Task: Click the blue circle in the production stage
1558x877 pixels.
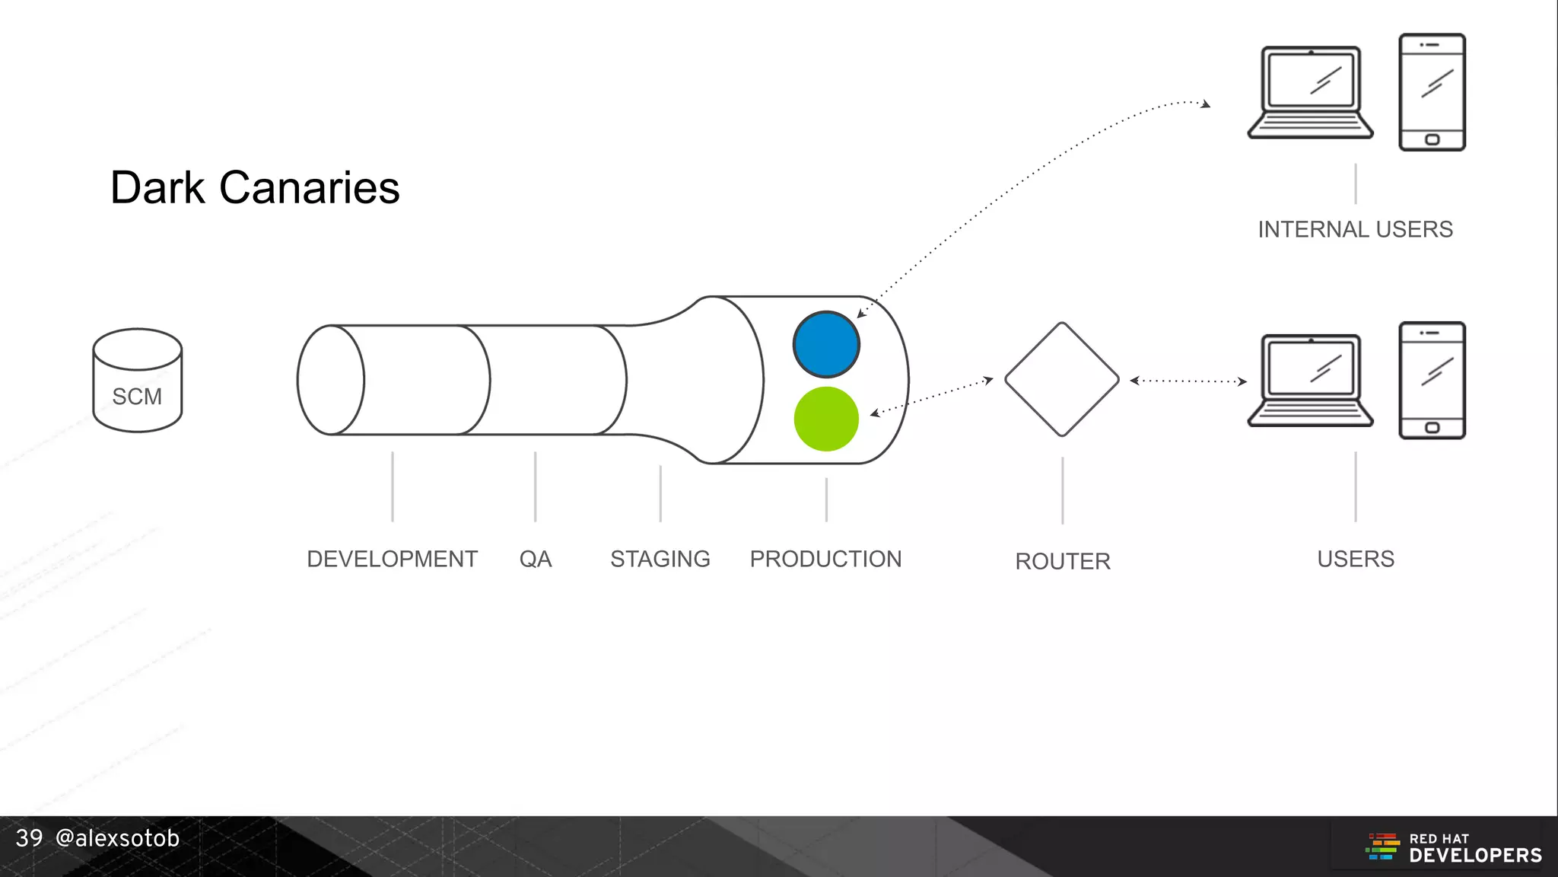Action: tap(826, 344)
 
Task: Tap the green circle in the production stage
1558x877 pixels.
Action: tap(826, 419)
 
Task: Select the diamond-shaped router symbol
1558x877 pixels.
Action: tap(1062, 379)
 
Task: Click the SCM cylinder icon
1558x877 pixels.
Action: tap(138, 381)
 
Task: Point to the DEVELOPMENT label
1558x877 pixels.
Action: tap(392, 559)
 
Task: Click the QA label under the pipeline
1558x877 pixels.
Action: tap(536, 559)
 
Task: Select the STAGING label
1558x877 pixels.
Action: tap(660, 559)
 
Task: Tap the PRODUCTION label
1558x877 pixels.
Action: tap(825, 559)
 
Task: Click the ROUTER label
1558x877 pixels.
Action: tap(1063, 561)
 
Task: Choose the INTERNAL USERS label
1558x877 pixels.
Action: tap(1355, 229)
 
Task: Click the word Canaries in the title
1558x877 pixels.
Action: tap(309, 187)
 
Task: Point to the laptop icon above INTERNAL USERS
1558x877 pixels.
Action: tap(1310, 92)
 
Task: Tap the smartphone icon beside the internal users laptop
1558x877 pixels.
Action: tap(1432, 92)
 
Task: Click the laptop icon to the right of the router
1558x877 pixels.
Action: tap(1310, 380)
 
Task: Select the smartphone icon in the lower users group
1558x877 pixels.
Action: tap(1432, 380)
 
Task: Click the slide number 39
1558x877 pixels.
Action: tap(29, 838)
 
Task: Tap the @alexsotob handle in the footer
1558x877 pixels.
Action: tap(117, 838)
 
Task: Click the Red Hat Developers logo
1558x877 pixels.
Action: tap(1454, 847)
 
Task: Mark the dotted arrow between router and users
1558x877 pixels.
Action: tap(1188, 381)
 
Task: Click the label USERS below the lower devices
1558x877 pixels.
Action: tap(1356, 559)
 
